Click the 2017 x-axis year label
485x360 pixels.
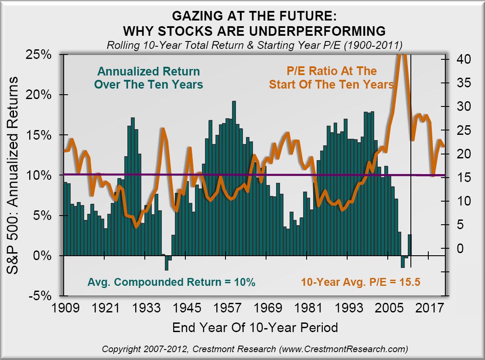coord(428,307)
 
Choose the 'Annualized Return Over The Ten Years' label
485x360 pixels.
coord(149,78)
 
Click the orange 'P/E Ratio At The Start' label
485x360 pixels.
coord(331,77)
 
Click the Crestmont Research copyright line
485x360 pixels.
coord(255,349)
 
